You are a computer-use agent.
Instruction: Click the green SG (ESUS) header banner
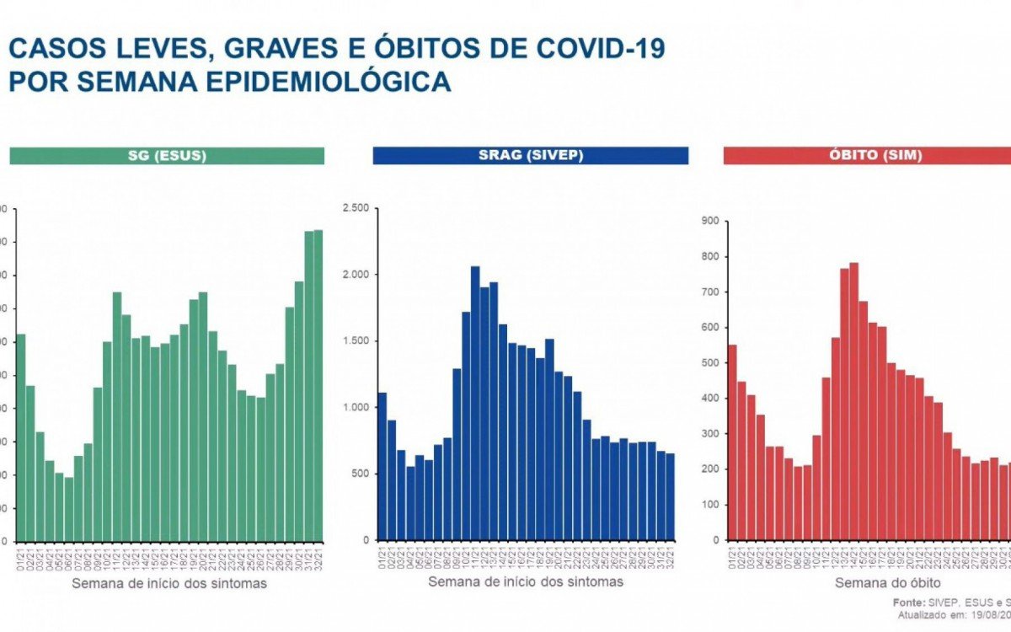(167, 156)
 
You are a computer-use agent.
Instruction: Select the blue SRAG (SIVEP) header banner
(530, 156)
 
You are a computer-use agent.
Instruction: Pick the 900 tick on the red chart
(709, 221)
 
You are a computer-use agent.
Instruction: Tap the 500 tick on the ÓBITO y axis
(709, 363)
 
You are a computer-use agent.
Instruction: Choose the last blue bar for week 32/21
(670, 497)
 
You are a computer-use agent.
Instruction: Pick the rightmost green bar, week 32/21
(318, 386)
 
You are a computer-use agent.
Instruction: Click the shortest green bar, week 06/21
(68, 510)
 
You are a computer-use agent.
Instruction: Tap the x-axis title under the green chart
(169, 583)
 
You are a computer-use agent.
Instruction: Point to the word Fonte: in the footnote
(909, 603)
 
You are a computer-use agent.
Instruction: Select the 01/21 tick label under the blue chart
(382, 556)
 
